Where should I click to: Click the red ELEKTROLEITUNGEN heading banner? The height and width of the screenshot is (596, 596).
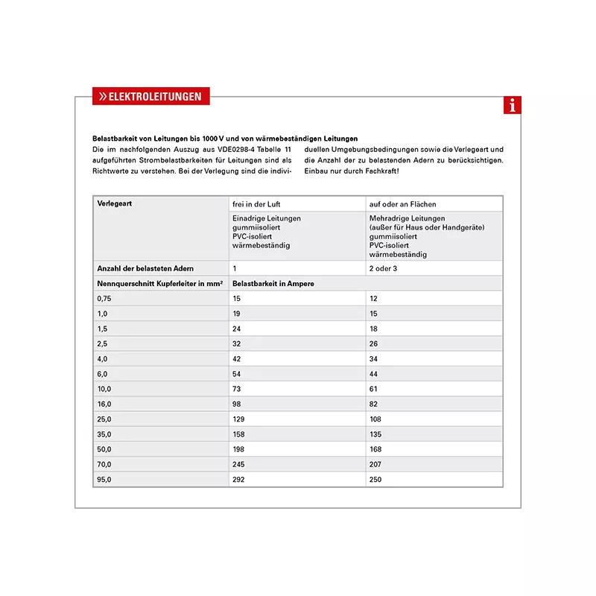pyautogui.click(x=151, y=97)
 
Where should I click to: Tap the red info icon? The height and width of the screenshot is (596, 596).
pyautogui.click(x=512, y=106)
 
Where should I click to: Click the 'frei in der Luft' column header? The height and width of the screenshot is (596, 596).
pyautogui.click(x=256, y=204)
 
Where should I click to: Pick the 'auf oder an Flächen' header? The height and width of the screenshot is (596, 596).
pyautogui.click(x=402, y=204)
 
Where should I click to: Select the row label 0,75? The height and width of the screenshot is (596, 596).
pyautogui.click(x=104, y=299)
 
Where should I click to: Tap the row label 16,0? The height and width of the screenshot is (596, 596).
pyautogui.click(x=104, y=404)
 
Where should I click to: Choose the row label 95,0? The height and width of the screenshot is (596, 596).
pyautogui.click(x=104, y=480)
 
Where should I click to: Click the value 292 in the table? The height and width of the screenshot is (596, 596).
pyautogui.click(x=239, y=480)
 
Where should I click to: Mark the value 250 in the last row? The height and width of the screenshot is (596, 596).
pyautogui.click(x=375, y=480)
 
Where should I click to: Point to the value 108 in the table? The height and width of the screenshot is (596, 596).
pyautogui.click(x=375, y=419)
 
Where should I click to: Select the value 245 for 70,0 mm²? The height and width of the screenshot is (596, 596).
pyautogui.click(x=239, y=464)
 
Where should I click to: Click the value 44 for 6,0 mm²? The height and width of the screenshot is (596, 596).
pyautogui.click(x=373, y=374)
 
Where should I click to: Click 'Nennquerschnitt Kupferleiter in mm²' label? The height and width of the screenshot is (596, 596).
pyautogui.click(x=160, y=284)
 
